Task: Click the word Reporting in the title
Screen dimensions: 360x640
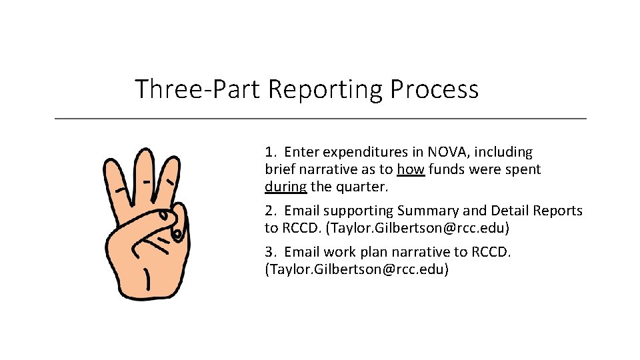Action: point(327,89)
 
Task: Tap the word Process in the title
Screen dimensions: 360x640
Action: point(435,89)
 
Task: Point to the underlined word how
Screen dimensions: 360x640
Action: point(411,170)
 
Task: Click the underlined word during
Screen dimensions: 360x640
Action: point(285,187)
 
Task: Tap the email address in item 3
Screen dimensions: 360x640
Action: point(357,269)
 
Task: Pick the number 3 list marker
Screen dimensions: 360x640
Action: point(269,253)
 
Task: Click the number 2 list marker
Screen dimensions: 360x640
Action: point(269,211)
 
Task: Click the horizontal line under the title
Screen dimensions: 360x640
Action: point(320,119)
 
